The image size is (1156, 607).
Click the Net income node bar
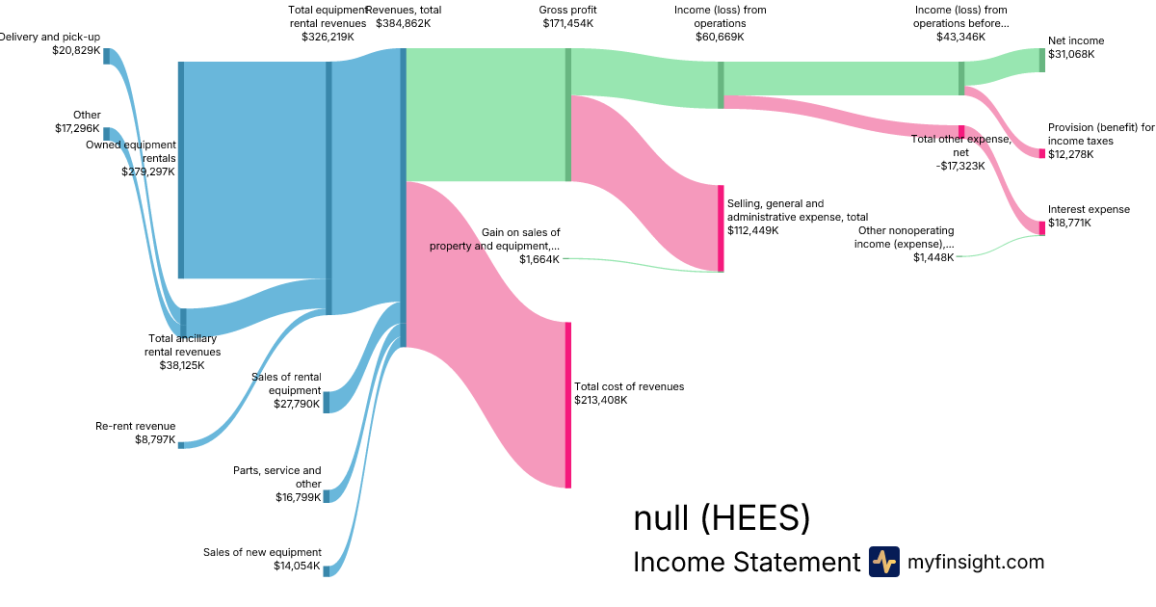[1041, 60]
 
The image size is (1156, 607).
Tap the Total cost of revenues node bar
[568, 405]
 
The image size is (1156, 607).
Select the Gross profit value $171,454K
[567, 22]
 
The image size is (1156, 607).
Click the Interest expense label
[1089, 209]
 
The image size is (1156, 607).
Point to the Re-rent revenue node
[180, 444]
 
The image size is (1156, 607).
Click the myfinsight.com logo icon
[883, 562]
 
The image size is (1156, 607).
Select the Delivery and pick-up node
[106, 55]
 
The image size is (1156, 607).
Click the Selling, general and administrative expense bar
[721, 228]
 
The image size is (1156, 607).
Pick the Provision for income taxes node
[1041, 153]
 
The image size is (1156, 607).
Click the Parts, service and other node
[327, 496]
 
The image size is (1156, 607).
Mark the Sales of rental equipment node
[327, 402]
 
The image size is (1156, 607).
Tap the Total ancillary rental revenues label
[182, 345]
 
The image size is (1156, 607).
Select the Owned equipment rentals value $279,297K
[148, 172]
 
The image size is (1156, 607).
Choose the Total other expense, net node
[961, 131]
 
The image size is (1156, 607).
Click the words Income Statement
[746, 562]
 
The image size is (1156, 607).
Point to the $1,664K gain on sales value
[539, 259]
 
